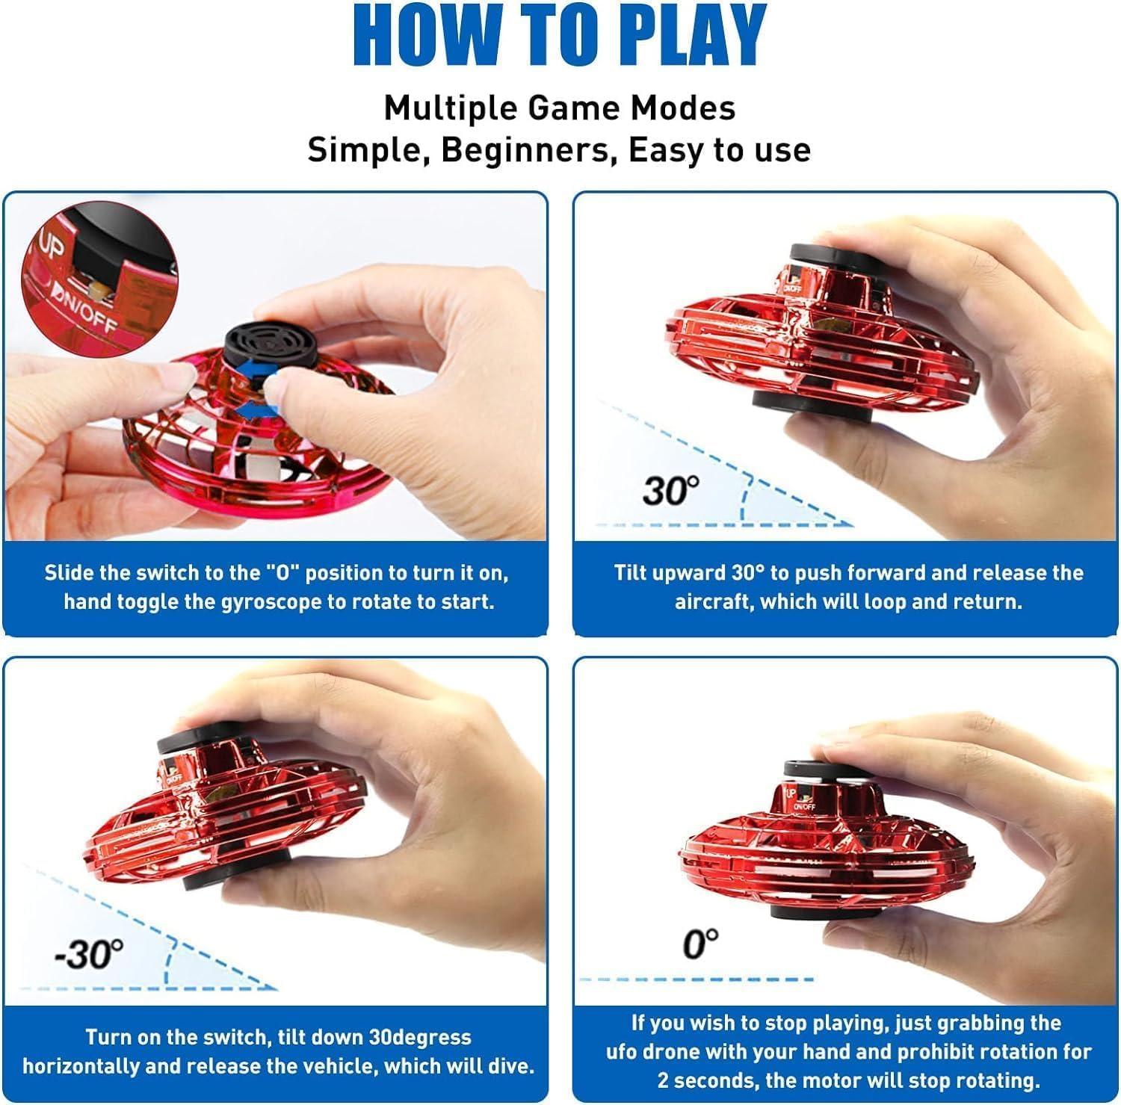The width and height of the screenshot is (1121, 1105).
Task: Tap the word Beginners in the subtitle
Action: pos(525,150)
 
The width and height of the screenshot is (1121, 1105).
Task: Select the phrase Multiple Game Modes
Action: pos(560,108)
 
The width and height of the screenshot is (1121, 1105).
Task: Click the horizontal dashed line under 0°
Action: pos(696,979)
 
